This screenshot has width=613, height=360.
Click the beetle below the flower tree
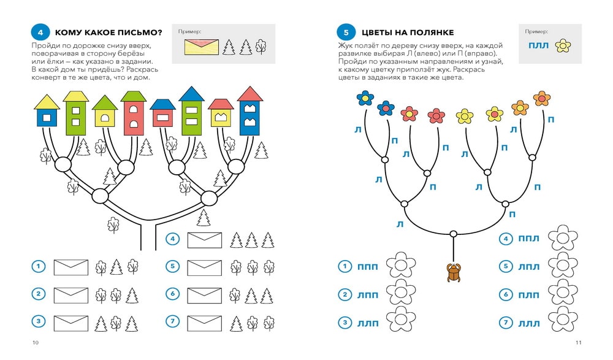(x=453, y=272)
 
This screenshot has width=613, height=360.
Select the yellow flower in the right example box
(x=562, y=45)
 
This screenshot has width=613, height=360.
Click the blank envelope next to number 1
(x=71, y=267)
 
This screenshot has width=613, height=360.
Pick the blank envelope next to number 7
(x=204, y=322)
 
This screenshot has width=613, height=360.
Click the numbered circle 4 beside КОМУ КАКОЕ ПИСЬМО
(x=40, y=32)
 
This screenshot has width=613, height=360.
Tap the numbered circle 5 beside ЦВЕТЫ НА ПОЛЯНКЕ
(x=346, y=32)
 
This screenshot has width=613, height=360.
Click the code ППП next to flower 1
(x=367, y=266)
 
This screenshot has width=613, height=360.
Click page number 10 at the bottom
(x=35, y=342)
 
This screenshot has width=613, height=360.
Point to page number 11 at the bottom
(x=578, y=342)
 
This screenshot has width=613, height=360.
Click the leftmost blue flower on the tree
(x=365, y=98)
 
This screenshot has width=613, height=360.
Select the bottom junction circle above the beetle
(x=453, y=234)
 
